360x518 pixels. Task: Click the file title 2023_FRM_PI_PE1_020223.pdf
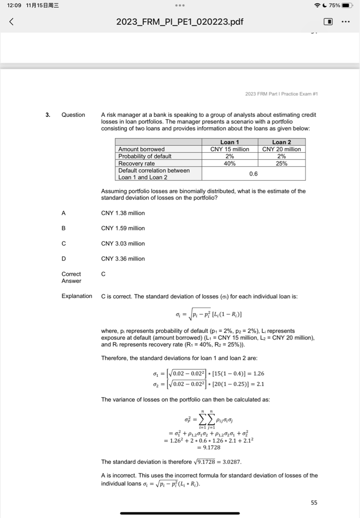179,22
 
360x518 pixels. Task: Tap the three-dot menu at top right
346,22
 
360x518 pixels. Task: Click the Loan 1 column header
230,142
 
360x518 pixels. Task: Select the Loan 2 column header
282,142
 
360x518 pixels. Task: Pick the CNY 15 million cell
230,149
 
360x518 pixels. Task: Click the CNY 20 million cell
282,149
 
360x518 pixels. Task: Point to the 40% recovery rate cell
230,163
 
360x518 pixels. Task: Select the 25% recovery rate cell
282,163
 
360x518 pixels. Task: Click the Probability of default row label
145,156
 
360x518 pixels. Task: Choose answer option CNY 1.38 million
123,213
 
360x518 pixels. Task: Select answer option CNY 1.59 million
123,228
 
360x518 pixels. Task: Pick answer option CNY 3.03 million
123,243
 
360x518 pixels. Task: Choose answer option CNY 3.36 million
123,258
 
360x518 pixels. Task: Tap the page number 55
314,502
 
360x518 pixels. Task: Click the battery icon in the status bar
347,5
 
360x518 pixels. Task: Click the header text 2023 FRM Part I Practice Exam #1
281,94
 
